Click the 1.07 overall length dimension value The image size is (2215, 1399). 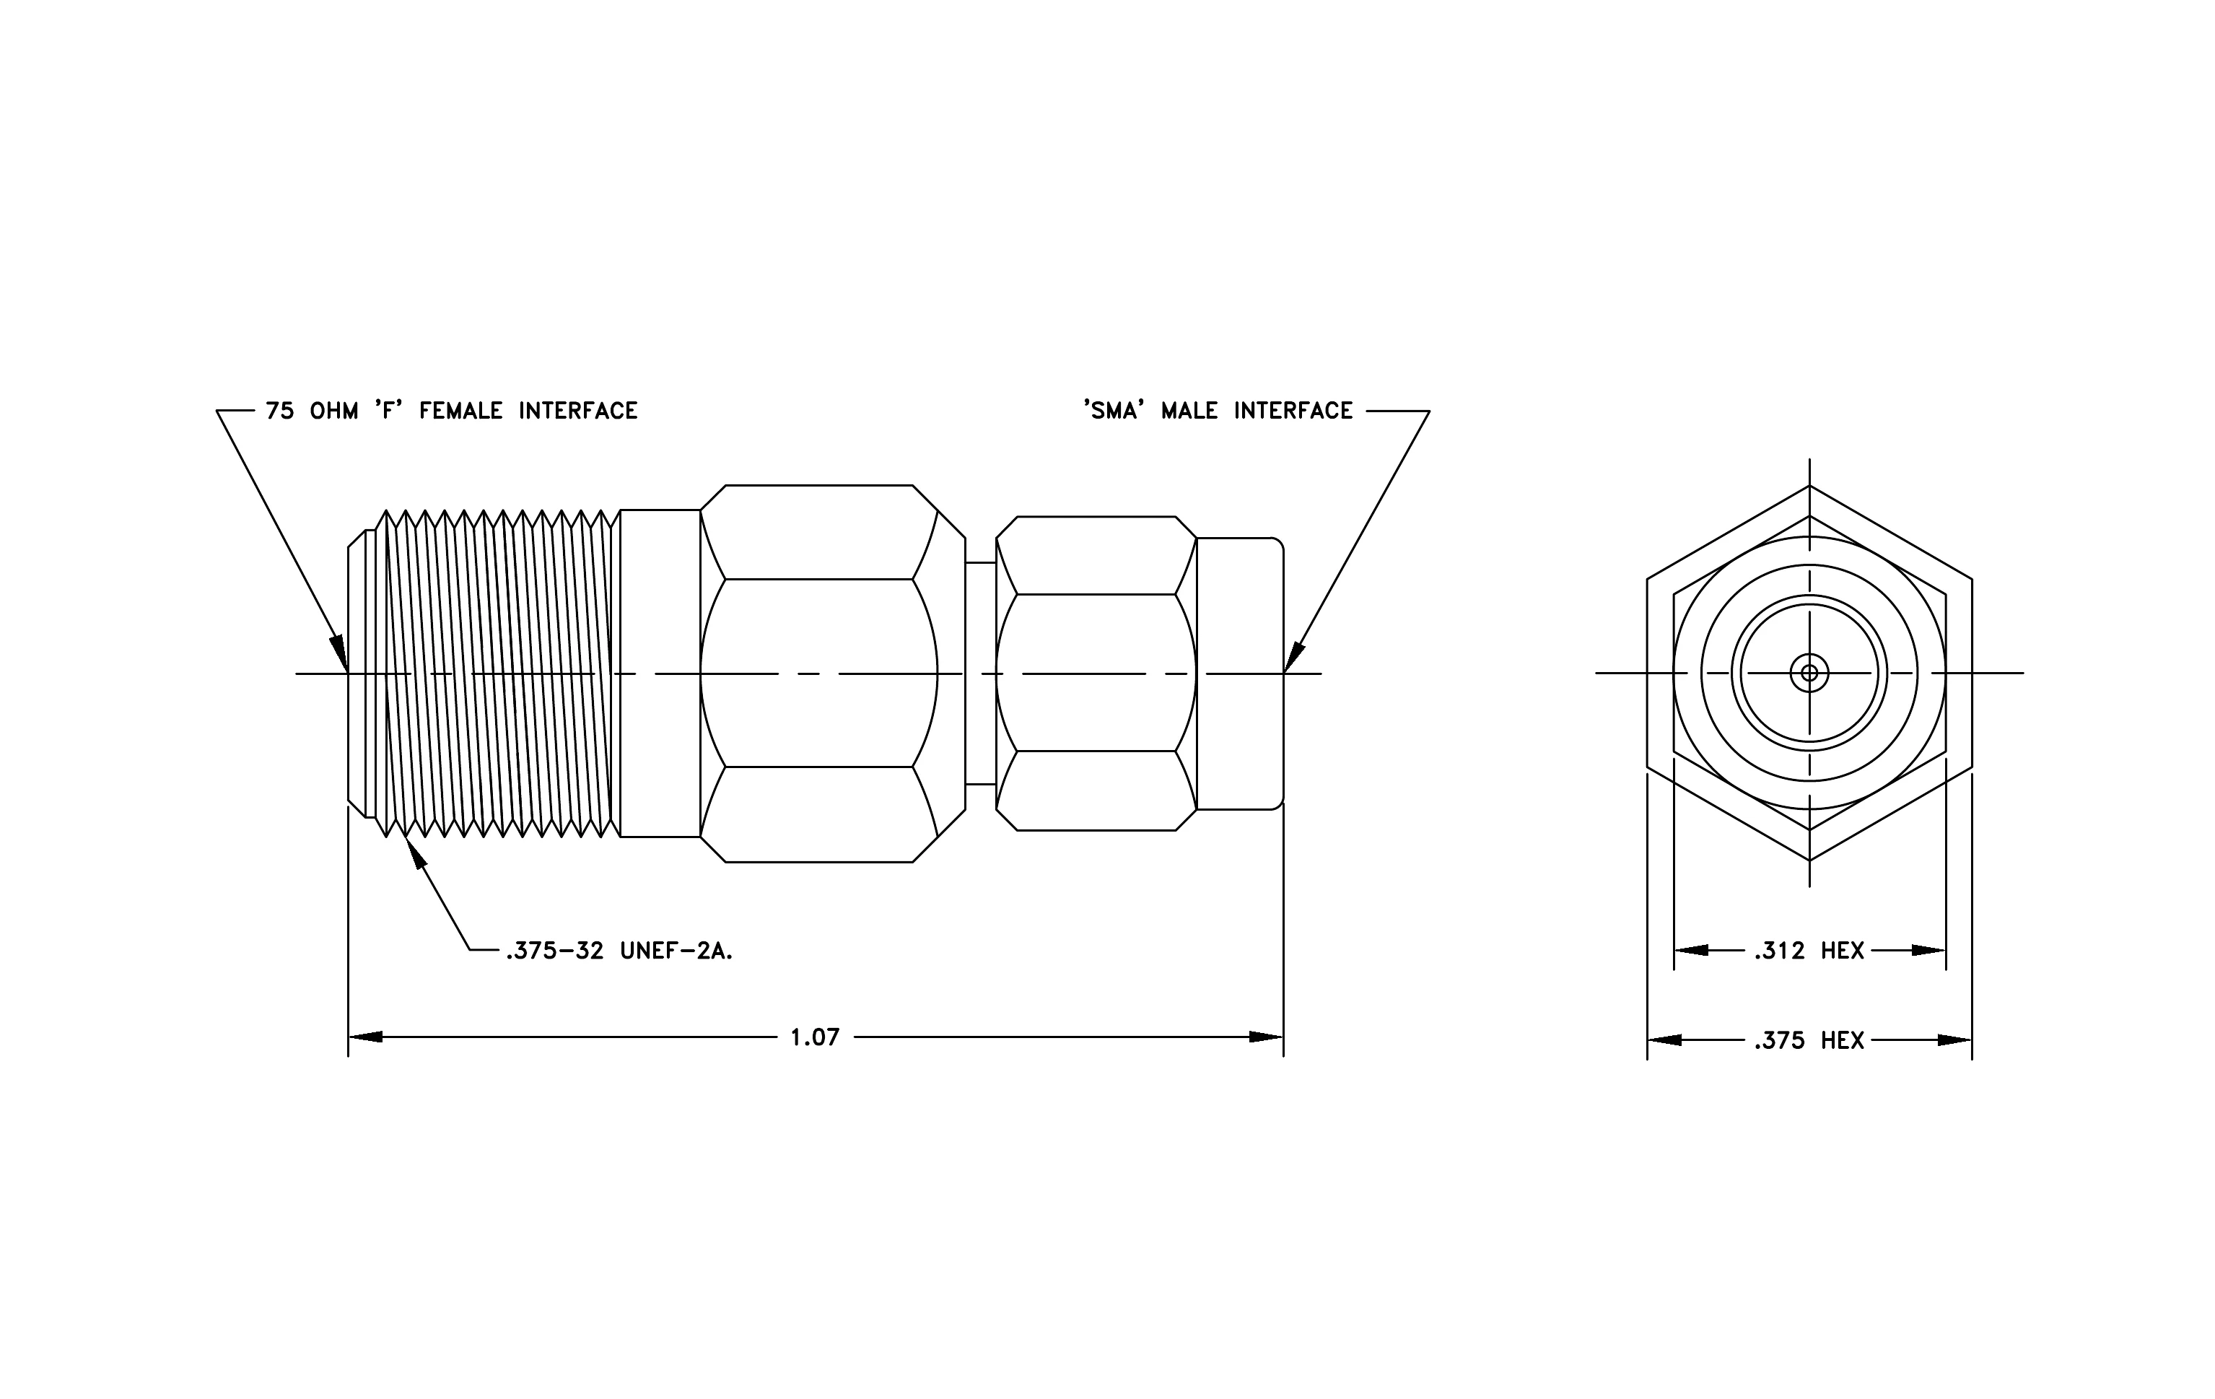click(815, 1037)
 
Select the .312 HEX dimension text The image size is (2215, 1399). click(1809, 950)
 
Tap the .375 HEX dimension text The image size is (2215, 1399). click(1809, 1040)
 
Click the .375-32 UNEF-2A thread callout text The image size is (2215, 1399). click(619, 951)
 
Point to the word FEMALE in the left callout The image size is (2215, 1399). click(461, 411)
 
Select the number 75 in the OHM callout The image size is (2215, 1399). click(279, 411)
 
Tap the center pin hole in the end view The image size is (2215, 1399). click(1809, 674)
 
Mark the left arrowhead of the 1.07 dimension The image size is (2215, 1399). click(365, 1037)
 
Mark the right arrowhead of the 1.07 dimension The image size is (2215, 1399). click(1266, 1037)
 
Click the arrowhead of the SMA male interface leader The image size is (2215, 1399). click(1293, 657)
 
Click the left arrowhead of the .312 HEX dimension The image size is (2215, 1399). click(1691, 950)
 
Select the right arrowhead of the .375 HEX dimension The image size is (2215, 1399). click(1954, 1040)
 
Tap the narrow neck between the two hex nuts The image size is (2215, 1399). click(981, 674)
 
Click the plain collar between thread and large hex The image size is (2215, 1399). click(660, 674)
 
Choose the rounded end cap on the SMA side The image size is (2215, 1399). click(1240, 674)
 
